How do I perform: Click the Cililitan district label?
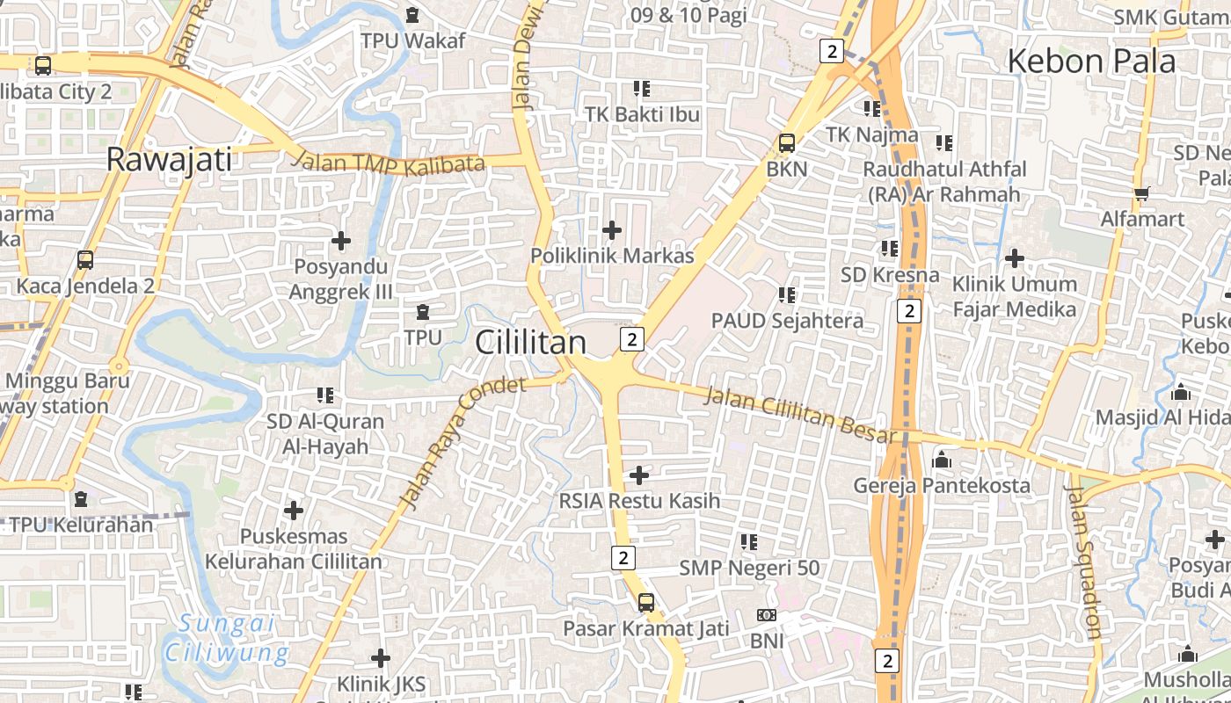530,343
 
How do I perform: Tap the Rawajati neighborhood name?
169,160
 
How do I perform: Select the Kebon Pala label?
1090,62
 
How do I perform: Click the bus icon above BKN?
786,142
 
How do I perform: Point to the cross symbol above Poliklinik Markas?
612,230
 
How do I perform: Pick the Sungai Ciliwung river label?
227,639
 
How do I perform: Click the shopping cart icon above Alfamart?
1141,193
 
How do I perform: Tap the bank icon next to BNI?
767,616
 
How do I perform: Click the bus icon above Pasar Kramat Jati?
646,603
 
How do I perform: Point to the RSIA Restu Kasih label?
639,501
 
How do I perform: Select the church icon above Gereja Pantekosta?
942,460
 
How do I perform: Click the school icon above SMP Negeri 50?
749,542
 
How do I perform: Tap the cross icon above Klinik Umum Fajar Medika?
1015,258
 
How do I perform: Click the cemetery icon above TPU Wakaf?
412,15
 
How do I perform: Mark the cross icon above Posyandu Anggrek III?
341,240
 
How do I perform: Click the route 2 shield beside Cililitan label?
631,338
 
